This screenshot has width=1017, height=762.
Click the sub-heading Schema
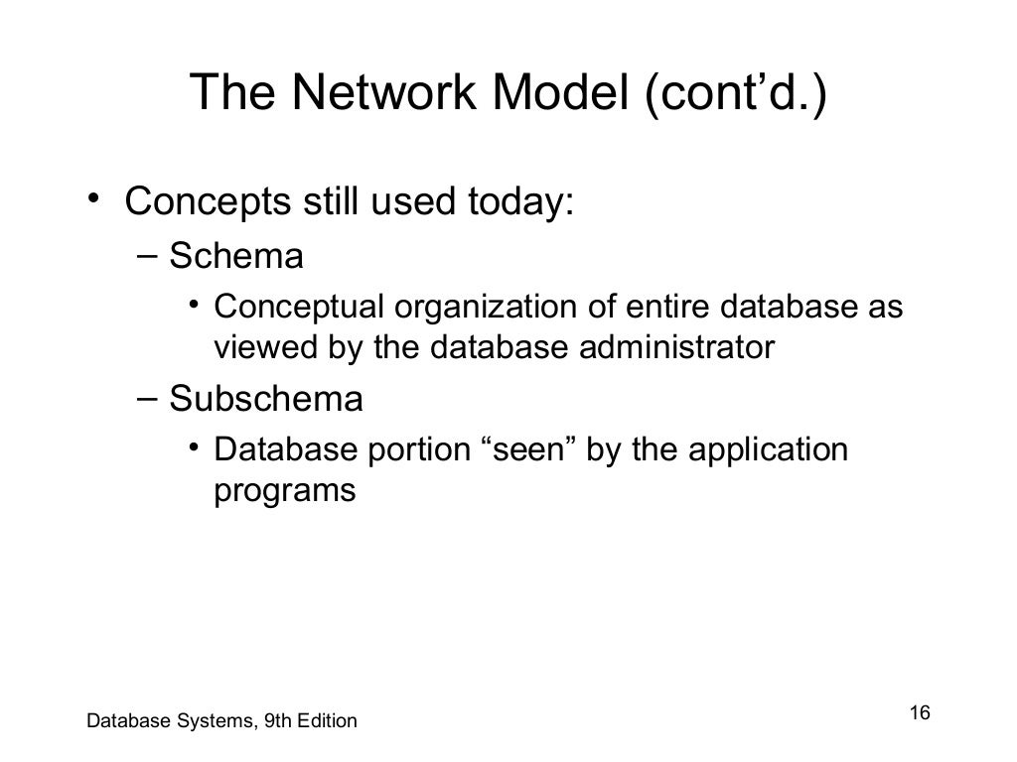tap(236, 257)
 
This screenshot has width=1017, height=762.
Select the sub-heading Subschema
tap(266, 400)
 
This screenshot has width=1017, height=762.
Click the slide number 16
tap(919, 713)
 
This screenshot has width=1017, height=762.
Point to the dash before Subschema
tap(146, 399)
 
